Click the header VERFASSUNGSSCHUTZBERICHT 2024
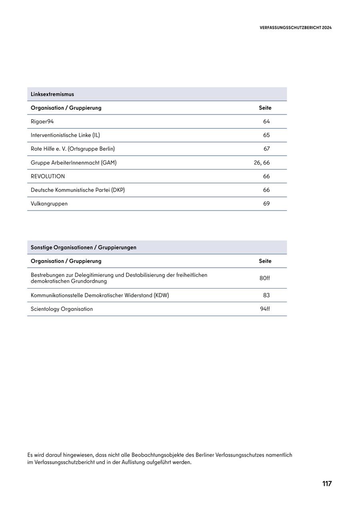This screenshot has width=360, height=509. coord(296,28)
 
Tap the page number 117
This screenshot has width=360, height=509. coord(327,483)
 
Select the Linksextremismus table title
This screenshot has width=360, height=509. coord(52,94)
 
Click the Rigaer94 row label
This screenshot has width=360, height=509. coord(42,121)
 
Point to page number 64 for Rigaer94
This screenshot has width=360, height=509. coord(266,121)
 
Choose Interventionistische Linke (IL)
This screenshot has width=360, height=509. coord(65,135)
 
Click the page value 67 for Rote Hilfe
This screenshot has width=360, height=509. coord(266,149)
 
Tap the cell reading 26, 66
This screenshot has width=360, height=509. coord(262,162)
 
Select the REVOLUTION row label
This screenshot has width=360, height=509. coord(48,176)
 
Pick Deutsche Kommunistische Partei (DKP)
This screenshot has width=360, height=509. coord(78,190)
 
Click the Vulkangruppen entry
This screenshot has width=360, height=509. coord(49,203)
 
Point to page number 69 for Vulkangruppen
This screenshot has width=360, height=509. coord(266,203)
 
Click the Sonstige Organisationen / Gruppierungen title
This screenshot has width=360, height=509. coord(84,247)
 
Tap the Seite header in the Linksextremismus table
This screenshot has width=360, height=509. coord(265,108)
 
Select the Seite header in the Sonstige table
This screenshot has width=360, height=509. coord(265,261)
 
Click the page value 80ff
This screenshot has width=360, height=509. coord(265,278)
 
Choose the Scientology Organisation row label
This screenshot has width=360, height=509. coord(62,309)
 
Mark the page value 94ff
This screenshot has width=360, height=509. coord(265,309)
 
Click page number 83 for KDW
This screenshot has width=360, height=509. coord(266,295)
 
